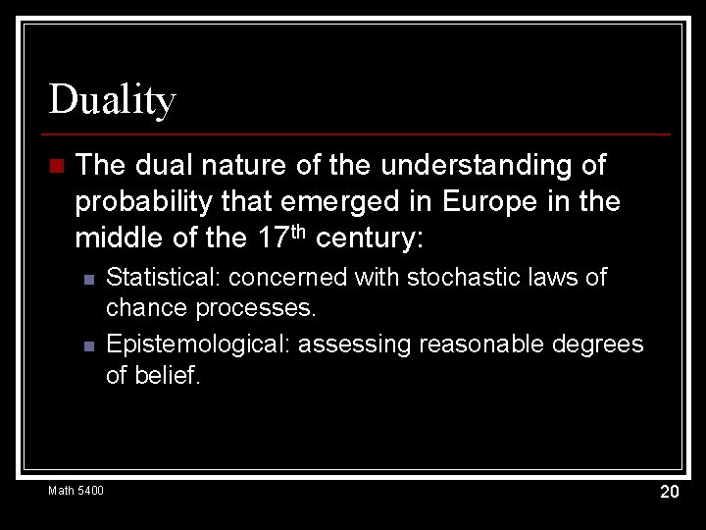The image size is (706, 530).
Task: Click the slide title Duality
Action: [112, 100]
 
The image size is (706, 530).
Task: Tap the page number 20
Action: [669, 492]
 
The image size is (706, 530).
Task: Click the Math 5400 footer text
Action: [76, 490]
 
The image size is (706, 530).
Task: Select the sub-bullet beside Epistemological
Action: [88, 345]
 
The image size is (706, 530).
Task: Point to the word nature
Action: [224, 165]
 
